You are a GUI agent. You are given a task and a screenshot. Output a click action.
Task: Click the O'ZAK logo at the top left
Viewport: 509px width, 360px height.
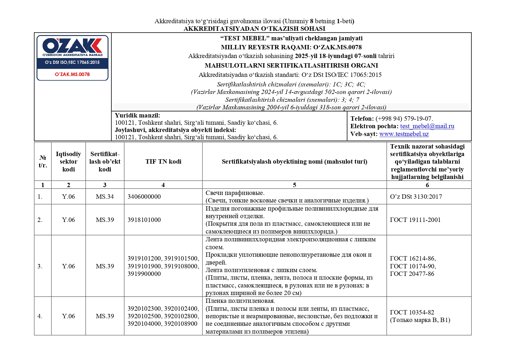click(72, 46)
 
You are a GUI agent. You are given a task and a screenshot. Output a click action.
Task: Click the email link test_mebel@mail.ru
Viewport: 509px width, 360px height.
click(427, 126)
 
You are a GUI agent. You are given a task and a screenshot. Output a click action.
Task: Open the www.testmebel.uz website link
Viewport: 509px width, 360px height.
click(404, 134)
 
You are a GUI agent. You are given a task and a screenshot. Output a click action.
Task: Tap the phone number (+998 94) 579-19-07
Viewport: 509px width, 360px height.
click(404, 119)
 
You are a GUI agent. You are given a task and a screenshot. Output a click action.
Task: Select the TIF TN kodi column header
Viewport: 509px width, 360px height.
click(163, 162)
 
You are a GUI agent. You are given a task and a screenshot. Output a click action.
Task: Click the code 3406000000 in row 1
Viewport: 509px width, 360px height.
click(144, 197)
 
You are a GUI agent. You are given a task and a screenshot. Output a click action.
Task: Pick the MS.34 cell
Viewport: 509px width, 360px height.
click(105, 197)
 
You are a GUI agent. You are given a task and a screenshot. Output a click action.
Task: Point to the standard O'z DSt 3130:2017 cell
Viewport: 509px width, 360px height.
click(416, 197)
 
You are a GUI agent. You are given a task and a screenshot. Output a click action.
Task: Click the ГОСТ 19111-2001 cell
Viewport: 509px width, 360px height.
click(415, 220)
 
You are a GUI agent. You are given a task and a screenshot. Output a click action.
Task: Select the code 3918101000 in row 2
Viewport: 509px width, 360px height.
click(144, 220)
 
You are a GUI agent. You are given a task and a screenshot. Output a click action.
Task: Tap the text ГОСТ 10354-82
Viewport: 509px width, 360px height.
click(412, 312)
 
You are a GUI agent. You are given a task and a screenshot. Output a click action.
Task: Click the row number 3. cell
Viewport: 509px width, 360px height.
click(40, 266)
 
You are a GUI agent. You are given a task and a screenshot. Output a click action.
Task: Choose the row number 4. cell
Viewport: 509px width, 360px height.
click(40, 316)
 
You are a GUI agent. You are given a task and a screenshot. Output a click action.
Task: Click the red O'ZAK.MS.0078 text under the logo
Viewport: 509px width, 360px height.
click(72, 74)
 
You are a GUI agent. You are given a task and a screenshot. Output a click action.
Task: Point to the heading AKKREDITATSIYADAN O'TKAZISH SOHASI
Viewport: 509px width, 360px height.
click(254, 29)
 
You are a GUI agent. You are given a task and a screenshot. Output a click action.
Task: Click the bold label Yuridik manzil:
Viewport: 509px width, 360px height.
click(137, 115)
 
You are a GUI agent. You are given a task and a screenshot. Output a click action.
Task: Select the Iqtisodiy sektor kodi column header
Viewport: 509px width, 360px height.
click(68, 162)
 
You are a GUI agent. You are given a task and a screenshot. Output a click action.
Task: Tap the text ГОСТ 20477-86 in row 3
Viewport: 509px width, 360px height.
click(412, 274)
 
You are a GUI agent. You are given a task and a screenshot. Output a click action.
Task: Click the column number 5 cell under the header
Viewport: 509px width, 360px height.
click(294, 185)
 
